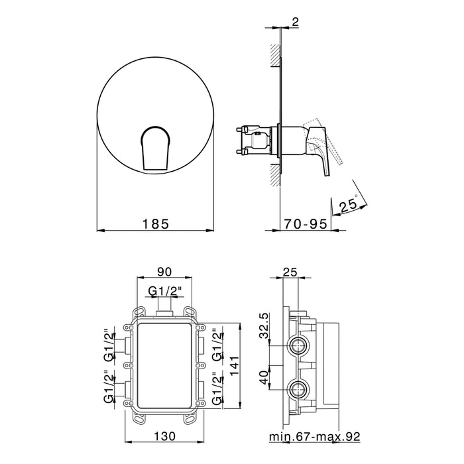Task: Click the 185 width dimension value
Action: click(156, 224)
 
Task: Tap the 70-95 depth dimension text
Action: click(306, 224)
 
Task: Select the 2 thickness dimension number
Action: click(296, 22)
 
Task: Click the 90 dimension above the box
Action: click(164, 272)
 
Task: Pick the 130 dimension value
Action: click(164, 436)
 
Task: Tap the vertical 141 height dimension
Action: click(234, 366)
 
